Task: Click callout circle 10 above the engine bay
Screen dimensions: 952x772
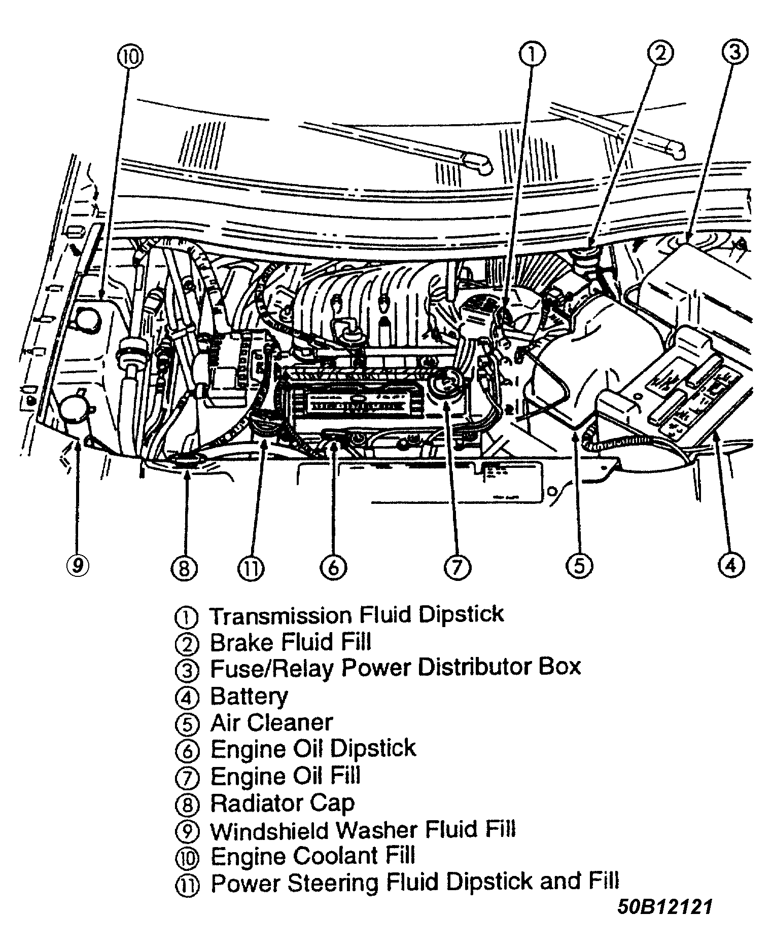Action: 130,57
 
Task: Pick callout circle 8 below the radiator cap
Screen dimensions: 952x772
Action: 184,568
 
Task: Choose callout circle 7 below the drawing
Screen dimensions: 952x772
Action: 458,567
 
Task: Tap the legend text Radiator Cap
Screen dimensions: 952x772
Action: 283,803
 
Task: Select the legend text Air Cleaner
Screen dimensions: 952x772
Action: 271,722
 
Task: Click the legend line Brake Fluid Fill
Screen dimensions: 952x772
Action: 291,642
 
